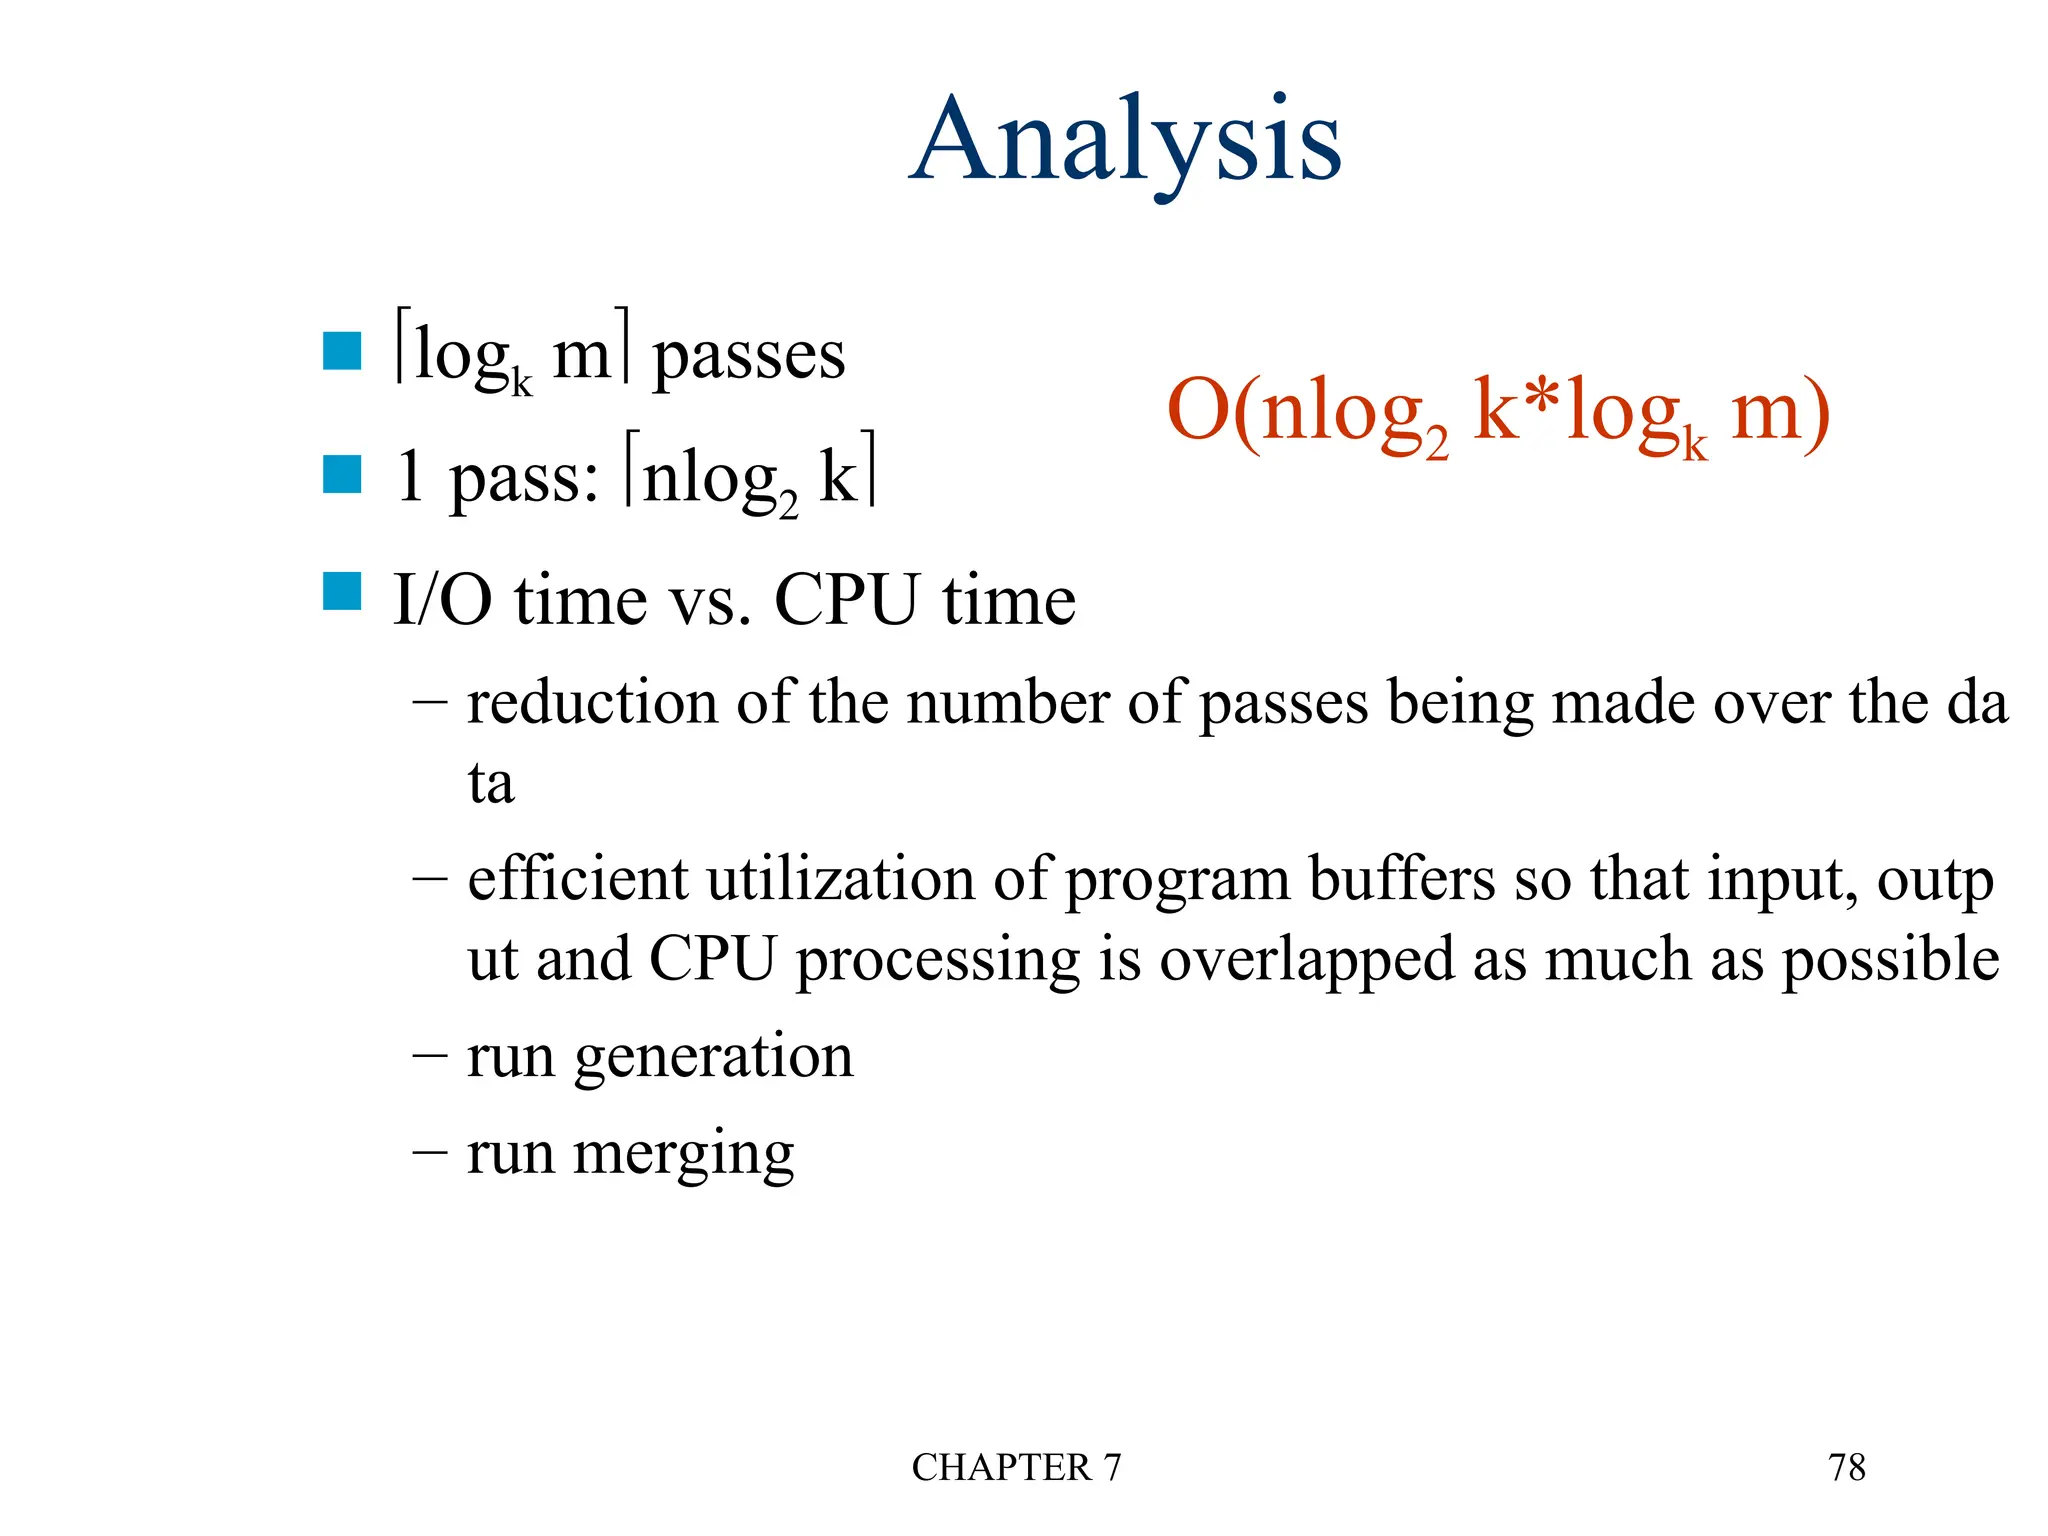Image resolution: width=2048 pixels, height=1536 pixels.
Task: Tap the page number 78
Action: tap(1846, 1467)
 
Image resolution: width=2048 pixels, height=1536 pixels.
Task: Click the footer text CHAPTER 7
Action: tap(1016, 1467)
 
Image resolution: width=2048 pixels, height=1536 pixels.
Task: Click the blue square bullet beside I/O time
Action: tap(342, 591)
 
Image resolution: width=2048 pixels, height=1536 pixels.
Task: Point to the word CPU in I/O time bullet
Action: tap(846, 600)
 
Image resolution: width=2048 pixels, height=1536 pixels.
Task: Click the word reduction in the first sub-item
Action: tap(592, 703)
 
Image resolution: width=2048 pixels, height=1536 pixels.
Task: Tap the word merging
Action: tap(684, 1154)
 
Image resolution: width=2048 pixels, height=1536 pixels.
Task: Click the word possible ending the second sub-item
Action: tap(1890, 959)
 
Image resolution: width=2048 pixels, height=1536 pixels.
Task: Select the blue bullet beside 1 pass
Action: tap(342, 475)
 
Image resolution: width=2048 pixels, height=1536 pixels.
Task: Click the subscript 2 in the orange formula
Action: tap(1436, 442)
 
